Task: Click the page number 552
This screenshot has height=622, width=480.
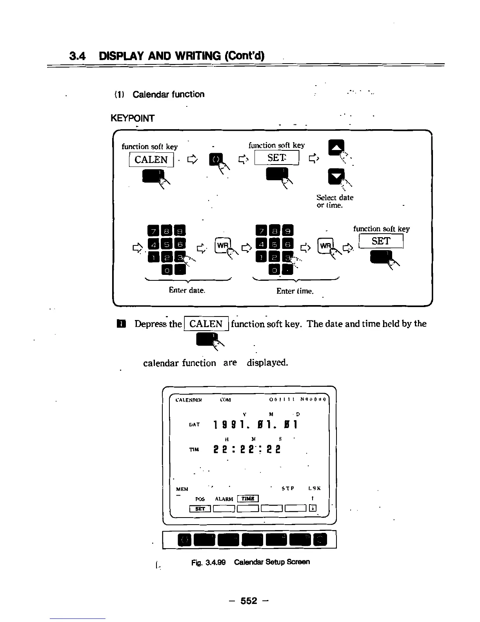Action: click(249, 601)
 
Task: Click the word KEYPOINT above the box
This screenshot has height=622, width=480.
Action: click(133, 118)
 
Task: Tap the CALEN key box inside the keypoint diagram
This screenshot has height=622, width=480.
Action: click(151, 159)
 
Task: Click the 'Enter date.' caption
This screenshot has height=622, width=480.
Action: click(187, 290)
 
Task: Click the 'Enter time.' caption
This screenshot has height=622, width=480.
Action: click(295, 291)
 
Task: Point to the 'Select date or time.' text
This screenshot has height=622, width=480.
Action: click(335, 201)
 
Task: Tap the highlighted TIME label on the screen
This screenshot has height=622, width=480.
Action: click(248, 499)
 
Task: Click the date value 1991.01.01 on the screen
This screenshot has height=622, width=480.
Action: click(256, 424)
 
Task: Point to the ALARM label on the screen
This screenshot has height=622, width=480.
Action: click(224, 499)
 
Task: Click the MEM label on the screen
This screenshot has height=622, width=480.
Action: click(182, 489)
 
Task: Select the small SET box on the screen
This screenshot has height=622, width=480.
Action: click(200, 509)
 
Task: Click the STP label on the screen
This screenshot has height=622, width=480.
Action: click(288, 488)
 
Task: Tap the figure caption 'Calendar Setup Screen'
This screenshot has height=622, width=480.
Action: click(272, 562)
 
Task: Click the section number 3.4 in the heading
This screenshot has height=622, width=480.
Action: click(78, 56)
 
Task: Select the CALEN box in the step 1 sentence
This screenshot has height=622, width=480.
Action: click(206, 324)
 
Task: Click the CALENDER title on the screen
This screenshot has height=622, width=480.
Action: click(189, 400)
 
